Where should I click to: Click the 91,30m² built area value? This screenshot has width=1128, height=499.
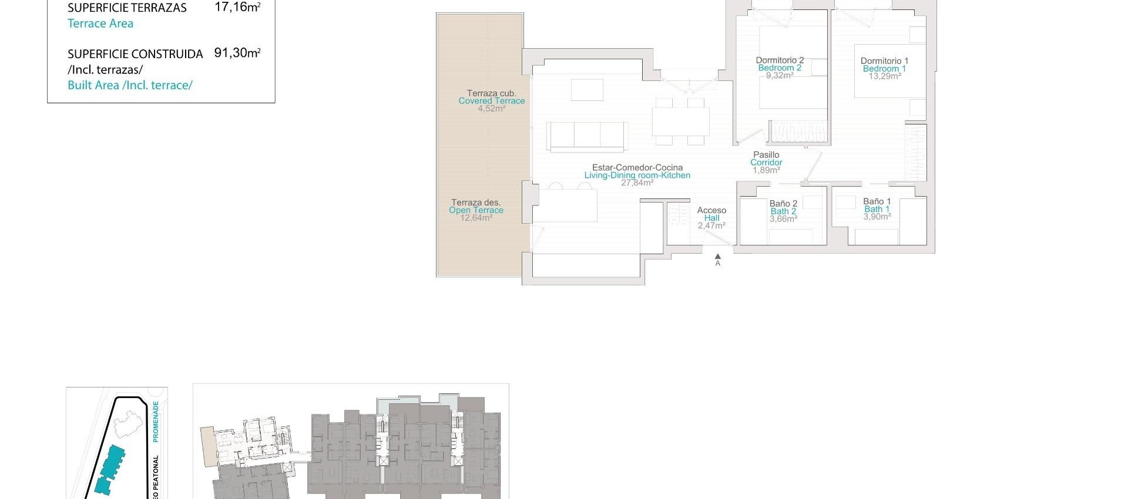(x=237, y=53)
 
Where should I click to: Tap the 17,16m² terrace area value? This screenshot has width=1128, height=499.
(x=237, y=8)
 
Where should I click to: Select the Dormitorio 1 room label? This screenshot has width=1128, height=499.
(x=884, y=60)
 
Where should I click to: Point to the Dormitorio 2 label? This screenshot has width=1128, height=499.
(x=780, y=60)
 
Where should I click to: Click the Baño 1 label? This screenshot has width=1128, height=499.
(x=877, y=201)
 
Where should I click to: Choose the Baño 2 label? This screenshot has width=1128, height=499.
(x=783, y=204)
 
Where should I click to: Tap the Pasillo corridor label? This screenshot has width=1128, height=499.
(x=766, y=155)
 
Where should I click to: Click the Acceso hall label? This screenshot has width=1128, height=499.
(x=711, y=210)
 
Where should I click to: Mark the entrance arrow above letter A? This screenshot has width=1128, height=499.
(x=717, y=257)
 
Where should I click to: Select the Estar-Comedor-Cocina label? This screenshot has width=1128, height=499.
(x=637, y=167)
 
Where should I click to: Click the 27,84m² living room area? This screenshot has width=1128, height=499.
(x=637, y=183)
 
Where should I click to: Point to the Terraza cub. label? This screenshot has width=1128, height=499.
(x=491, y=93)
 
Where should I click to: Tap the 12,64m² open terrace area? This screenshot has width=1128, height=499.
(x=476, y=218)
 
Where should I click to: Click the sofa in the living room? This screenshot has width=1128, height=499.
(x=587, y=136)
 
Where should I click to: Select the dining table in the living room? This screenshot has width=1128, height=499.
(x=680, y=122)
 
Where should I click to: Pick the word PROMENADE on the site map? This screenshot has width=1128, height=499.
(x=156, y=422)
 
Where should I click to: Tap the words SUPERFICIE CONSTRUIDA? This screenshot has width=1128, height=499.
(x=135, y=54)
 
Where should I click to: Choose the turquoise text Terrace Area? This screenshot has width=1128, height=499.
(x=100, y=23)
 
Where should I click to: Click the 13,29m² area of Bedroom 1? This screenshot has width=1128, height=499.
(x=884, y=76)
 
